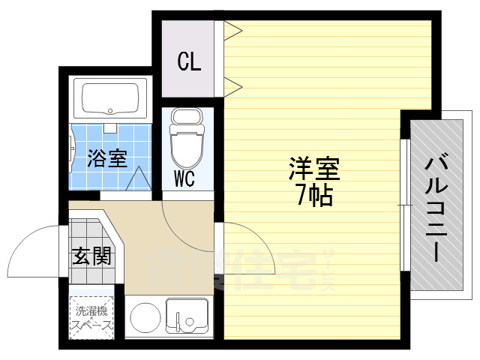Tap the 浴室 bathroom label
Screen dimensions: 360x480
coord(107,158)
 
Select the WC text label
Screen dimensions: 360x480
coord(185,179)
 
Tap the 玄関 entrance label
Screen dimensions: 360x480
coord(92,255)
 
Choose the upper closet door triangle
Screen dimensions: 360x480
coord(233,30)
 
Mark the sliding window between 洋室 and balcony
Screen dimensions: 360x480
coord(403,203)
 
